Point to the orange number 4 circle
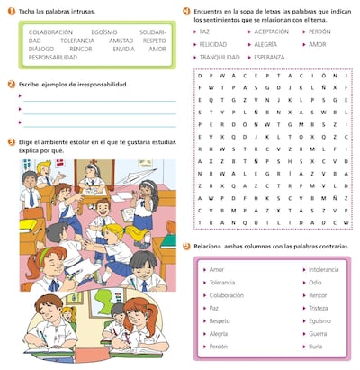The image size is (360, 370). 186,9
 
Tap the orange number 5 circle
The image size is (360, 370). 186,246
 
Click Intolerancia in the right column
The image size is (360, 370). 324,269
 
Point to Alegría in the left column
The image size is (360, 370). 219,332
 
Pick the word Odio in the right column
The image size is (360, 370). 316,282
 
